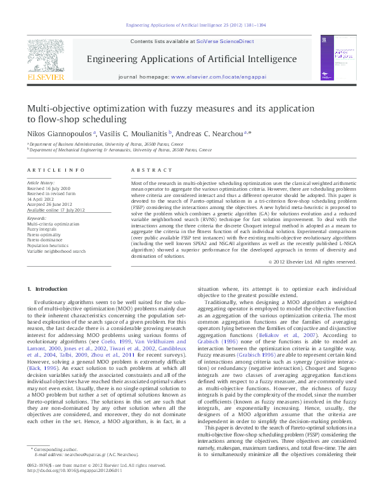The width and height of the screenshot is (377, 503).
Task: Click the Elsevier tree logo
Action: click(x=45, y=55)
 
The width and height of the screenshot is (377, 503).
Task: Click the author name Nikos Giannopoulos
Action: click(x=60, y=133)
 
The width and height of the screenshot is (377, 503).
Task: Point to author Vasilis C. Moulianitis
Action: click(x=132, y=133)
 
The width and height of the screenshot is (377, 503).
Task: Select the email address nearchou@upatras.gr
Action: click(x=88, y=473)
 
